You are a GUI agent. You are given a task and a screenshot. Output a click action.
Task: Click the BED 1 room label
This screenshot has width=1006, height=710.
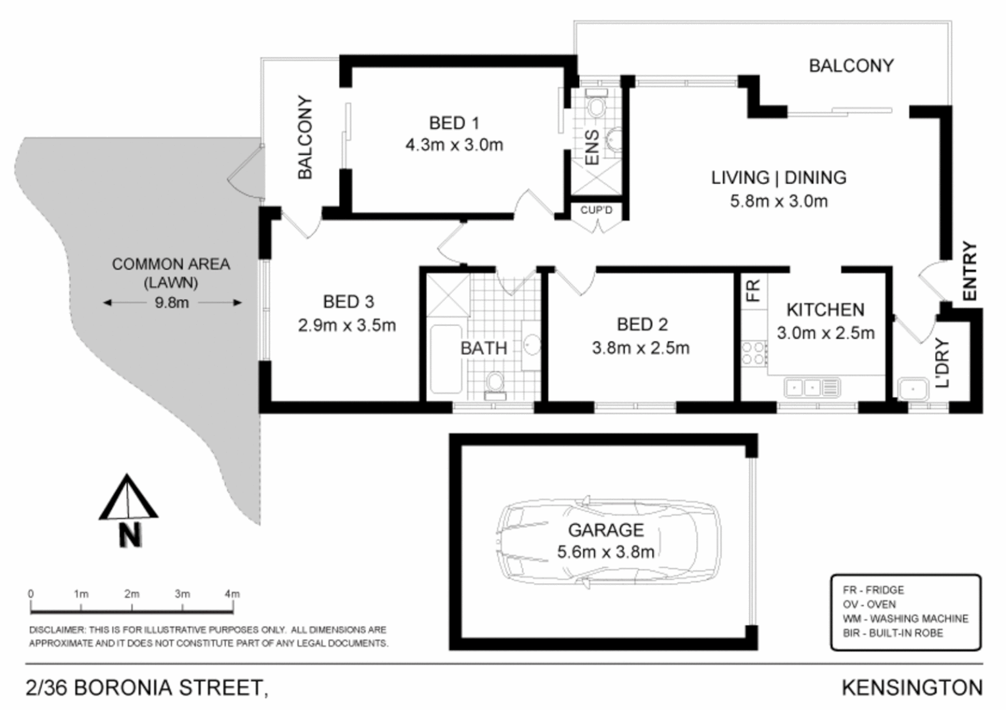[454, 123]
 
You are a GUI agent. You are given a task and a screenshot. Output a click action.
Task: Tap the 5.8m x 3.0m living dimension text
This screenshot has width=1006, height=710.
[778, 201]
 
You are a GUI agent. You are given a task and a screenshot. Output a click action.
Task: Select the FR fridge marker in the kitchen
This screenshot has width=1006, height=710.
[753, 289]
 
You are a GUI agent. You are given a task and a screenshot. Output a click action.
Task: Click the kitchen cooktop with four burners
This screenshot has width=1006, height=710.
[754, 353]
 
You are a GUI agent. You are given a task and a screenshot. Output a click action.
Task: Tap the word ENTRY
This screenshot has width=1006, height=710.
[970, 272]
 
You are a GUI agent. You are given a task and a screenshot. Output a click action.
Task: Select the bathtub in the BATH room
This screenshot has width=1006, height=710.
[445, 359]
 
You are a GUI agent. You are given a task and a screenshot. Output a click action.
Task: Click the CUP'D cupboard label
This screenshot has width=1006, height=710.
[596, 210]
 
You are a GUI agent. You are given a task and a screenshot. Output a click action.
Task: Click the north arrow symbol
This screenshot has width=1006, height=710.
[128, 509]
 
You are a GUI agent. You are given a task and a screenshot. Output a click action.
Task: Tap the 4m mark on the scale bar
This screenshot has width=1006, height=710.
[232, 594]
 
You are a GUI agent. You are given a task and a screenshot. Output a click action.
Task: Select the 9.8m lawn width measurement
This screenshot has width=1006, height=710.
[172, 302]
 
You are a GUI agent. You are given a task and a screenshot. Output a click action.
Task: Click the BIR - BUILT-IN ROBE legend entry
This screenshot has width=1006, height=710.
[892, 633]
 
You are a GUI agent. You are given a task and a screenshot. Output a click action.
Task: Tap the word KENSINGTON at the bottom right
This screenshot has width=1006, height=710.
[912, 688]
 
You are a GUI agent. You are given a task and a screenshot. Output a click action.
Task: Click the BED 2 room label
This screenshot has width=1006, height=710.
[642, 324]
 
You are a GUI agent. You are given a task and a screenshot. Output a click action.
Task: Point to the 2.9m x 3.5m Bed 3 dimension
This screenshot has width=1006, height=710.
[347, 325]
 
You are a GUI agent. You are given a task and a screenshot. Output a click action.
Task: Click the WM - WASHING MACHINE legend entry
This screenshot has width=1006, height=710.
[905, 619]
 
